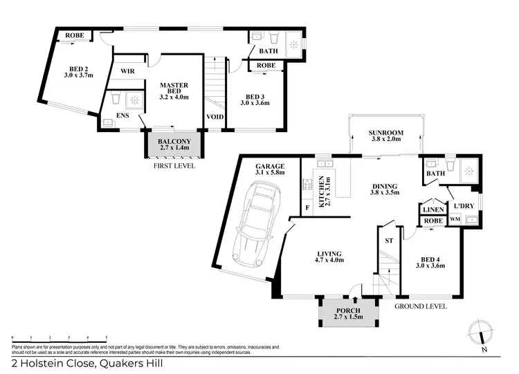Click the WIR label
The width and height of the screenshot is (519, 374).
click(x=127, y=71)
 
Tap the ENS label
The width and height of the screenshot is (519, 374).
click(x=122, y=116)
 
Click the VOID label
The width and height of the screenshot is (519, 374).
click(x=215, y=117)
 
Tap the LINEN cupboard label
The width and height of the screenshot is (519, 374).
click(x=432, y=209)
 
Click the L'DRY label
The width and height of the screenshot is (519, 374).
click(x=463, y=205)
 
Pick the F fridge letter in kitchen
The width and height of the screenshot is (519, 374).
click(x=307, y=207)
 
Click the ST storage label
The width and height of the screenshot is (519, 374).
click(x=388, y=240)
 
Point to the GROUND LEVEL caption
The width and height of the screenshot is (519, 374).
click(x=421, y=306)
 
